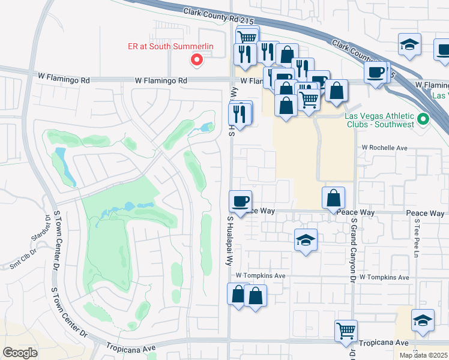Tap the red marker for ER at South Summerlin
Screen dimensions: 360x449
point(196,59)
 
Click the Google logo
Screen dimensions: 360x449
point(20,353)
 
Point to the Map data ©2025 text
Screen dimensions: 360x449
point(423,355)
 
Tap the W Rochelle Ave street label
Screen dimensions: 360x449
point(384,148)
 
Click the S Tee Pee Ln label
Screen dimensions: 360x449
point(415,234)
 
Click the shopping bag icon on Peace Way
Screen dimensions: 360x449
point(333,197)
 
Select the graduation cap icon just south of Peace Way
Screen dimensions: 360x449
point(306,240)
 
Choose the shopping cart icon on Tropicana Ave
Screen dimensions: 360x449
point(346,330)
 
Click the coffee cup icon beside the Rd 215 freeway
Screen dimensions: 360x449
point(376,73)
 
